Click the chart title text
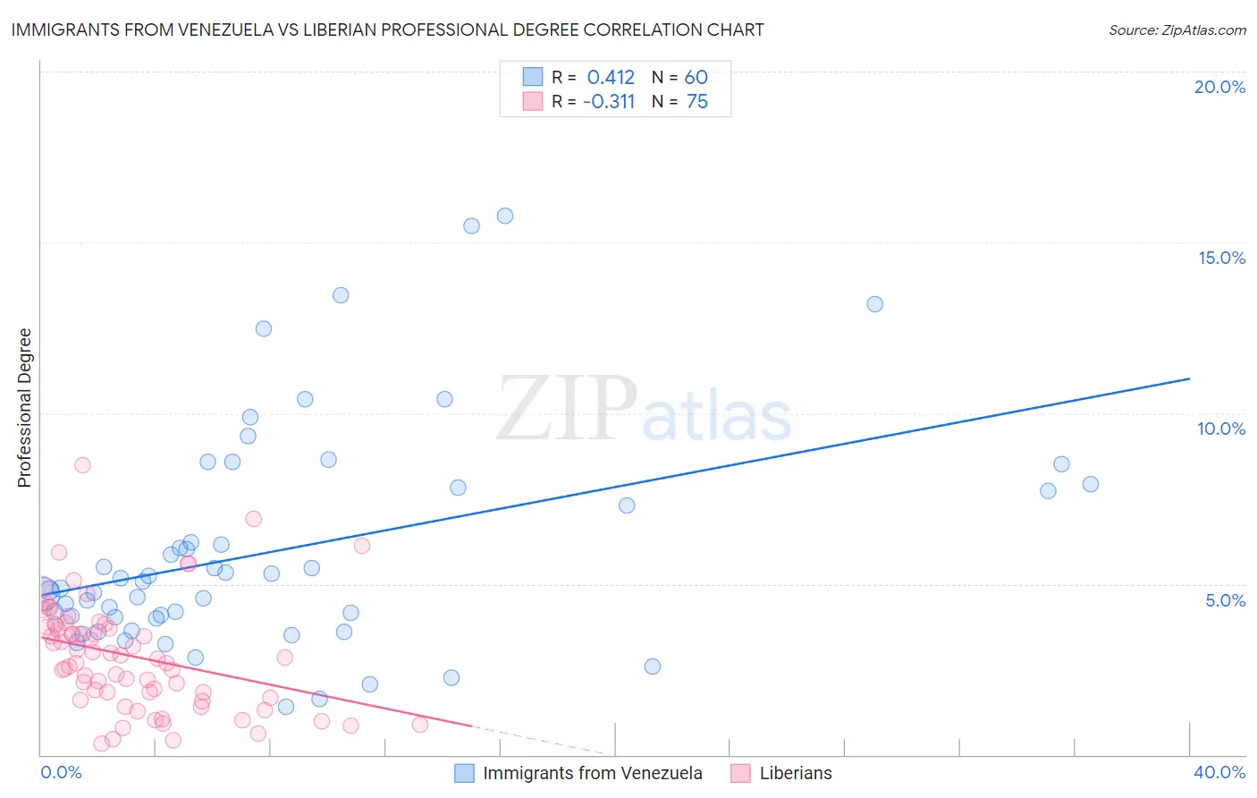tap(387, 30)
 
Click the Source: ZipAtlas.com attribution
tap(1177, 30)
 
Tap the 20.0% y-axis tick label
tap(1219, 87)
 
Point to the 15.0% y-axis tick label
tap(1221, 258)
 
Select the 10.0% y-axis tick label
tap(1221, 429)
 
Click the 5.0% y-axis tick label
tap(1225, 600)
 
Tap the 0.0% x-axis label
tap(61, 772)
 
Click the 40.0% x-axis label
tap(1219, 772)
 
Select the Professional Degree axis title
tap(24, 408)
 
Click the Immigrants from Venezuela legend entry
tap(592, 773)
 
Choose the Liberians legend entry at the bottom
tap(795, 773)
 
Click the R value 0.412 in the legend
tap(611, 78)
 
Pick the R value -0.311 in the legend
tap(609, 102)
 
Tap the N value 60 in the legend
tap(696, 78)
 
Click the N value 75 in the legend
tap(696, 102)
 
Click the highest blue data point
tap(505, 216)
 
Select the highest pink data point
tap(82, 465)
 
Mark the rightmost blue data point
tap(1091, 484)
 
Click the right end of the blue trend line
tap(1189, 378)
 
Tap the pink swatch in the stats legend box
tap(533, 101)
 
